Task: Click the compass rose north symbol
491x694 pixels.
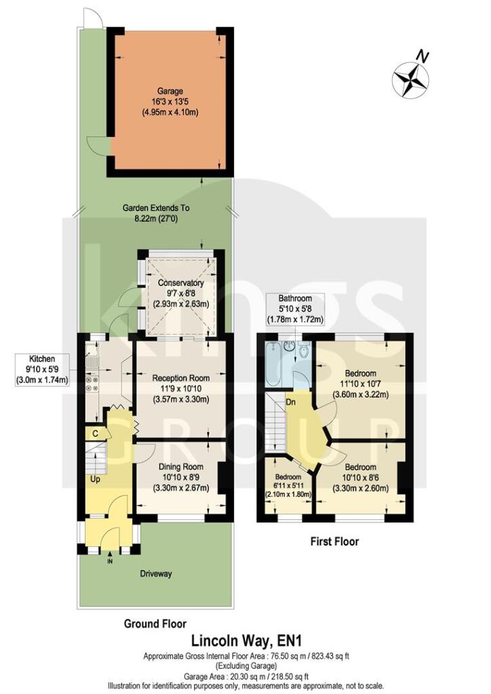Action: tap(411, 78)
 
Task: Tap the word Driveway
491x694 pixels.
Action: tap(157, 573)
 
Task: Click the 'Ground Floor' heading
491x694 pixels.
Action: tap(155, 623)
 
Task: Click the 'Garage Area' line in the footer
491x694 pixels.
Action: tap(245, 676)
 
